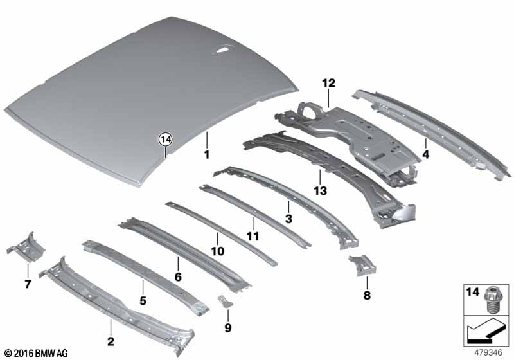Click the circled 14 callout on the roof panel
(x=166, y=138)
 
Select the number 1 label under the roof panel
(x=207, y=155)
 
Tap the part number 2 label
(x=111, y=341)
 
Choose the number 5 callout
(x=143, y=300)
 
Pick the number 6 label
(x=178, y=276)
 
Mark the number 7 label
(x=27, y=284)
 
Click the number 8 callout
(x=366, y=297)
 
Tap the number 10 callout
(x=218, y=251)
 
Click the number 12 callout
(x=329, y=83)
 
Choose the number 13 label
(x=320, y=190)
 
